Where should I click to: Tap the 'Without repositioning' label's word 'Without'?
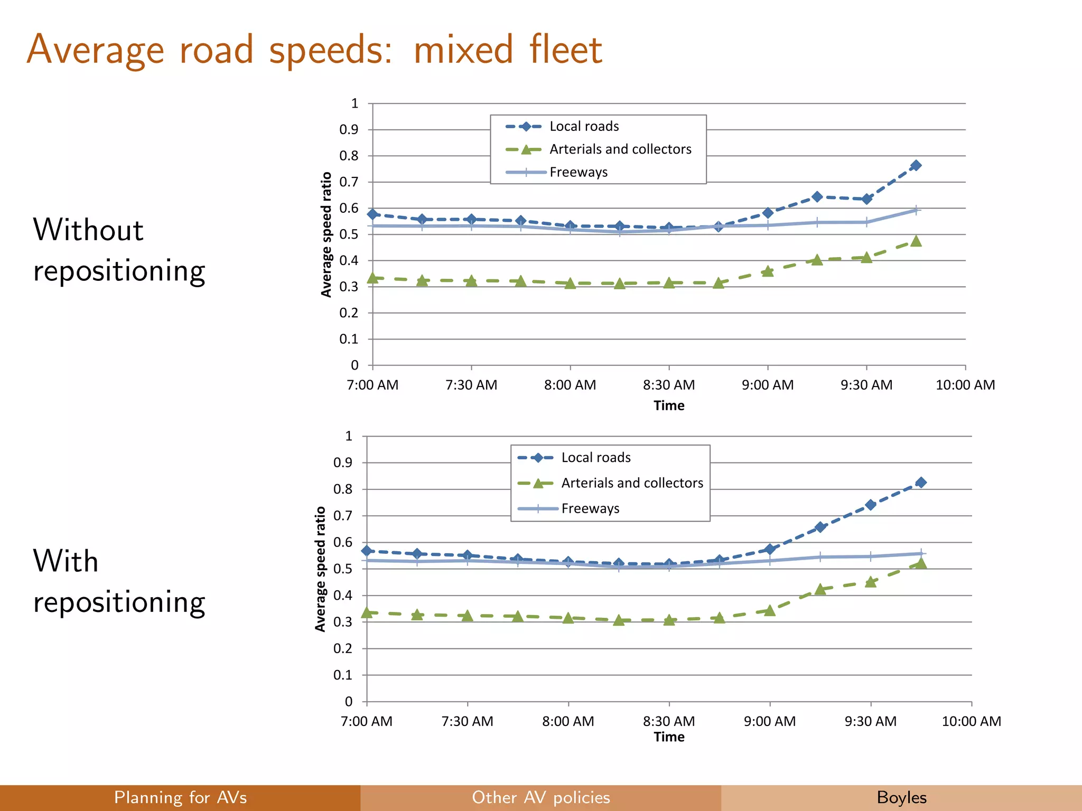[x=88, y=230]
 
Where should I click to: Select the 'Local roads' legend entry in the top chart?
[x=584, y=126]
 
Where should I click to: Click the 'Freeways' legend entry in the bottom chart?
[x=590, y=508]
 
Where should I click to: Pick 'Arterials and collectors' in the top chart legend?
[x=620, y=149]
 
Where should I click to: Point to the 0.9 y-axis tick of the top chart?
[x=349, y=129]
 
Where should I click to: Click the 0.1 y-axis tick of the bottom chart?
[x=343, y=675]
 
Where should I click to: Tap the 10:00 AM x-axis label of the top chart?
[x=965, y=385]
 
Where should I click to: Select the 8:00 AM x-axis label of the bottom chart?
[x=568, y=721]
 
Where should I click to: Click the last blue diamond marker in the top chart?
[x=916, y=165]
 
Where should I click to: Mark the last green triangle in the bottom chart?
[x=921, y=563]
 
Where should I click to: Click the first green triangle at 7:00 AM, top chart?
[x=372, y=278]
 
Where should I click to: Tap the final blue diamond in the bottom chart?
[x=921, y=482]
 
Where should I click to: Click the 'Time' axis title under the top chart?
[x=669, y=405]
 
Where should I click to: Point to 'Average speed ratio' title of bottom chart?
[x=320, y=569]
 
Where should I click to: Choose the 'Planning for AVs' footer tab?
[x=180, y=797]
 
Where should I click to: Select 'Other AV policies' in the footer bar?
[x=540, y=797]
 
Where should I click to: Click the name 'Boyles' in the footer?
[x=901, y=797]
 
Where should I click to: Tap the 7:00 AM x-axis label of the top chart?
[x=372, y=385]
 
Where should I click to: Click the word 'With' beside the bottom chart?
[x=66, y=561]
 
